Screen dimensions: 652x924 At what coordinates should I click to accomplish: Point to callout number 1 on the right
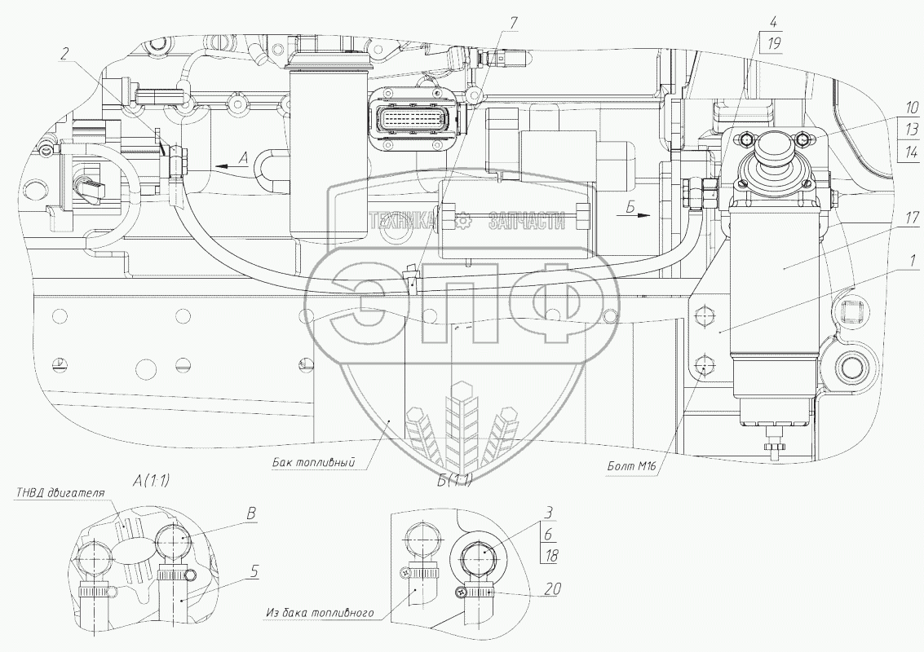(891, 262)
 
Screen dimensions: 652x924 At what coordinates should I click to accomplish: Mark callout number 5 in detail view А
(255, 571)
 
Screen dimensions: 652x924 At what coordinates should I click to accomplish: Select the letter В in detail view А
(252, 514)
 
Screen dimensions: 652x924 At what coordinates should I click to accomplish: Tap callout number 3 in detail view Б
(550, 513)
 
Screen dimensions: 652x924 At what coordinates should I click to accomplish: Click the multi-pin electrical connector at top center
(414, 120)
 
